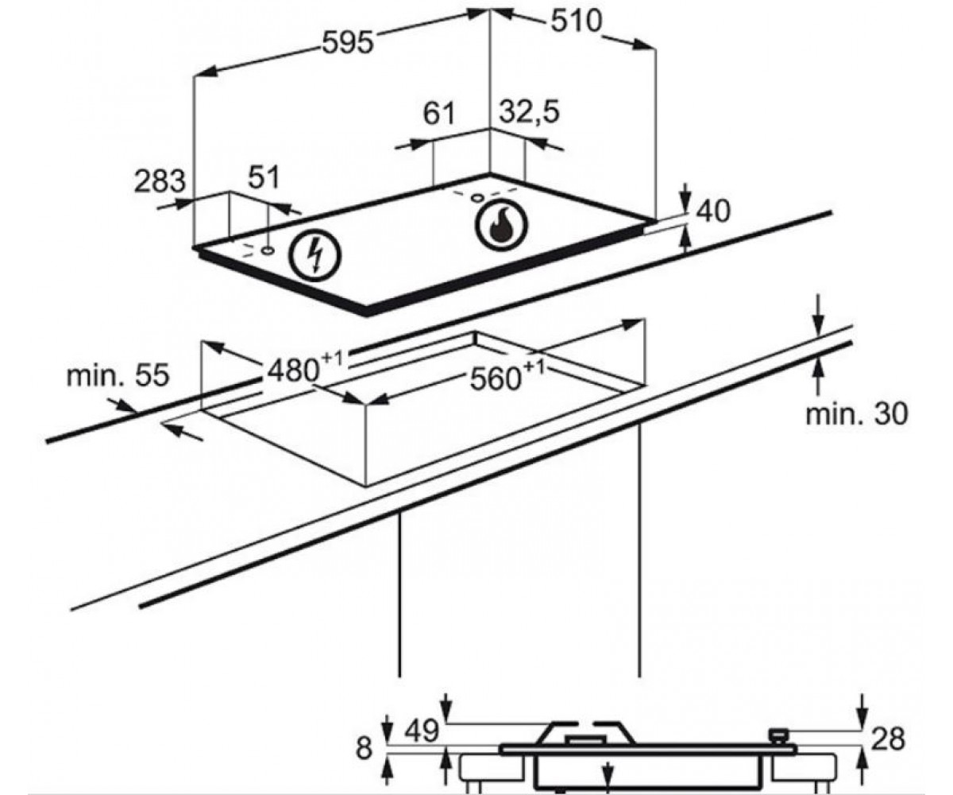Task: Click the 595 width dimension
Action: (348, 44)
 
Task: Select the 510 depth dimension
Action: (577, 21)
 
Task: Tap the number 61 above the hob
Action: (439, 114)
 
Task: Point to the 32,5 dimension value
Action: (529, 112)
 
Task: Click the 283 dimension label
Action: (160, 180)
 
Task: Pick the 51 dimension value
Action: (264, 177)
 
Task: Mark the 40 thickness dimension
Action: (714, 211)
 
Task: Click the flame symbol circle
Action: (500, 225)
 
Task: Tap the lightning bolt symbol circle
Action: (316, 254)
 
